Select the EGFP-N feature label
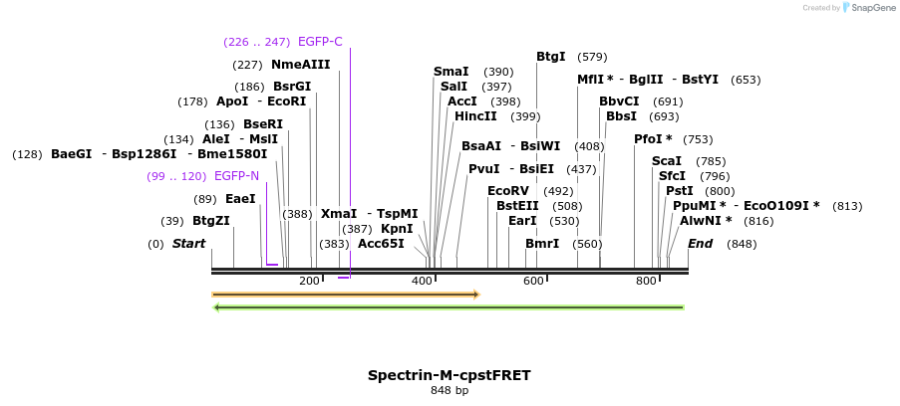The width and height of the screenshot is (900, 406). [236, 176]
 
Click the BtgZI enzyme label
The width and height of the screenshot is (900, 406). [210, 221]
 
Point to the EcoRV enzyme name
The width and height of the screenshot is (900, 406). [508, 191]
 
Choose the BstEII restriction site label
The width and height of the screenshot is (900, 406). [517, 206]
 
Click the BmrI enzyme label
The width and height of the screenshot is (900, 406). [542, 244]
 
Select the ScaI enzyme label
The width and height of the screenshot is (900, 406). [667, 161]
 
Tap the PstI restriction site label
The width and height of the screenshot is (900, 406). [680, 191]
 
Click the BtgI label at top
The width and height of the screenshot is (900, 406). [551, 57]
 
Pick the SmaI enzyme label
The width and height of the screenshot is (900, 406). [450, 72]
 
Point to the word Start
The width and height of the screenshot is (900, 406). [188, 244]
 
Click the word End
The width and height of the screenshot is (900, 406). [701, 244]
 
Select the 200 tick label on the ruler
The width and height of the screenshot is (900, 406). [309, 282]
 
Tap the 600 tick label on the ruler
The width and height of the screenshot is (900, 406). [533, 282]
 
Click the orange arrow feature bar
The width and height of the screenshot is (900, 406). [345, 295]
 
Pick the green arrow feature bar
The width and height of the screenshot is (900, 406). [450, 307]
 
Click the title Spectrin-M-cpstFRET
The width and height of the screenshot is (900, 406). [449, 375]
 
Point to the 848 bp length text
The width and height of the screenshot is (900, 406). [449, 391]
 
